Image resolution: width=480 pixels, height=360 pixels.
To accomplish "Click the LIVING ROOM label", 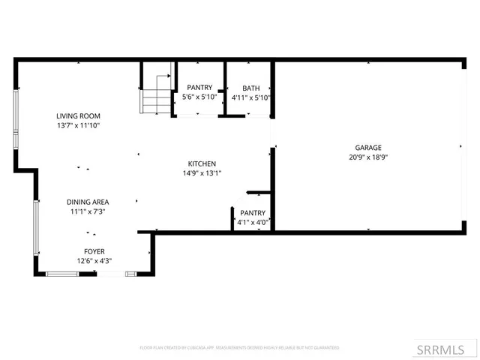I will (x=78, y=116).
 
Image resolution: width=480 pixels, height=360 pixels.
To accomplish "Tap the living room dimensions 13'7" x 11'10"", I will (x=78, y=126).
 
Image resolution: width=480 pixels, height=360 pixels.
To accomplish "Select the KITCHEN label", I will (x=202, y=163).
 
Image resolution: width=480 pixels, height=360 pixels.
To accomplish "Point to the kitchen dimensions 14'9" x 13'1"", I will (x=202, y=173).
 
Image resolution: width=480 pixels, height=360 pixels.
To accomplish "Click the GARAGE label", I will (x=368, y=148).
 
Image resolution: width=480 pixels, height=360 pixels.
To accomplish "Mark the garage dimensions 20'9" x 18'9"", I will (x=368, y=157).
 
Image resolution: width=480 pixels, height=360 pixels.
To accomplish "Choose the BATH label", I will (x=250, y=88).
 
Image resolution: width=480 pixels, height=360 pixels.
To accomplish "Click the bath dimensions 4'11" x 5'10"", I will (x=250, y=97).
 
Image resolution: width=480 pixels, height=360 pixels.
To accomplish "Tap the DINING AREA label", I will (x=88, y=202).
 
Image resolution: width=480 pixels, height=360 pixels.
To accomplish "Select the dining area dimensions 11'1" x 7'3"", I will (x=88, y=212).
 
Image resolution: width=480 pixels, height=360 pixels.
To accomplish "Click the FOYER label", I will (x=94, y=251).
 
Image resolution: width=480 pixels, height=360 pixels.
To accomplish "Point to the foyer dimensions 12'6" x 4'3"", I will (x=94, y=261).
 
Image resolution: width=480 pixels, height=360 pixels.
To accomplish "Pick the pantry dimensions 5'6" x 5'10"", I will (x=199, y=97).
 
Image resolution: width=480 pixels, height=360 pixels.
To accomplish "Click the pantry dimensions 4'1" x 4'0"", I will (x=251, y=223).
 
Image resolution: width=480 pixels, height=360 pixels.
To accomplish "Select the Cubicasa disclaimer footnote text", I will (x=239, y=348).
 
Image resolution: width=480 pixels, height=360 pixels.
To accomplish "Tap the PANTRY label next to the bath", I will (x=199, y=88).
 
